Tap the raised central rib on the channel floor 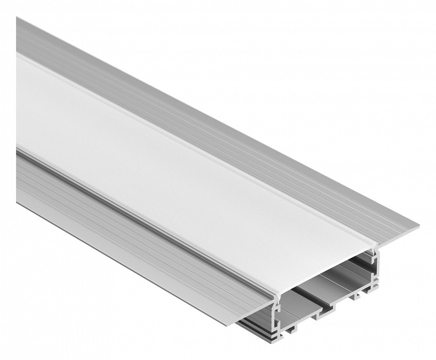click(x=320, y=312)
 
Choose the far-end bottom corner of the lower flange click(x=17, y=200)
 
